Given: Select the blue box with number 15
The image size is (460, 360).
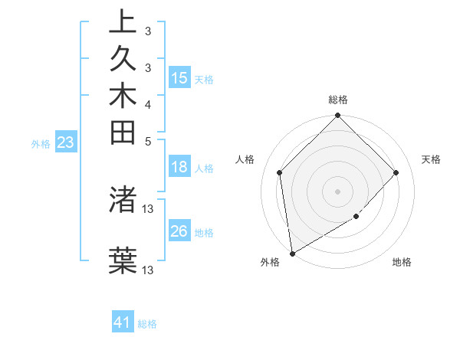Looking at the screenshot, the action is coord(179,78).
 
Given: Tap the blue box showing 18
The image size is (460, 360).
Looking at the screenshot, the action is coord(179,167).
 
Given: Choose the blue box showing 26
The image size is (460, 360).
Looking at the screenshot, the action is coord(179,231).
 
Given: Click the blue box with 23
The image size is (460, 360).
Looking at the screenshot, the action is coord(66,142).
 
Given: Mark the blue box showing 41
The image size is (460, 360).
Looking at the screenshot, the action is coord(123,322).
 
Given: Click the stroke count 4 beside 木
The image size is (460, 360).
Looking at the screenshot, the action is coord(147,103).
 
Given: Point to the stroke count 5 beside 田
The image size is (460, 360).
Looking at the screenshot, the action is coord(147,140).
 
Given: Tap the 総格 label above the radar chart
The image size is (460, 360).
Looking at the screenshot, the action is coord(338,100).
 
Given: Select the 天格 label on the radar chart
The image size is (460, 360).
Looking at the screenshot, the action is coord(431,159).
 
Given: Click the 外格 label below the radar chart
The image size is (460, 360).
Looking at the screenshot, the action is coord(270,263).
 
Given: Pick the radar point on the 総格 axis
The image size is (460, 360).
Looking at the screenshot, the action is coord(338,116).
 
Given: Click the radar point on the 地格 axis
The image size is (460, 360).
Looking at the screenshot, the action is coord(356,217).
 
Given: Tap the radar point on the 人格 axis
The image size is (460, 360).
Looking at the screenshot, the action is coord(280,172).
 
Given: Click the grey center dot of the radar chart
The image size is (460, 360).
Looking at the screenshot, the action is coord(338,191).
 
